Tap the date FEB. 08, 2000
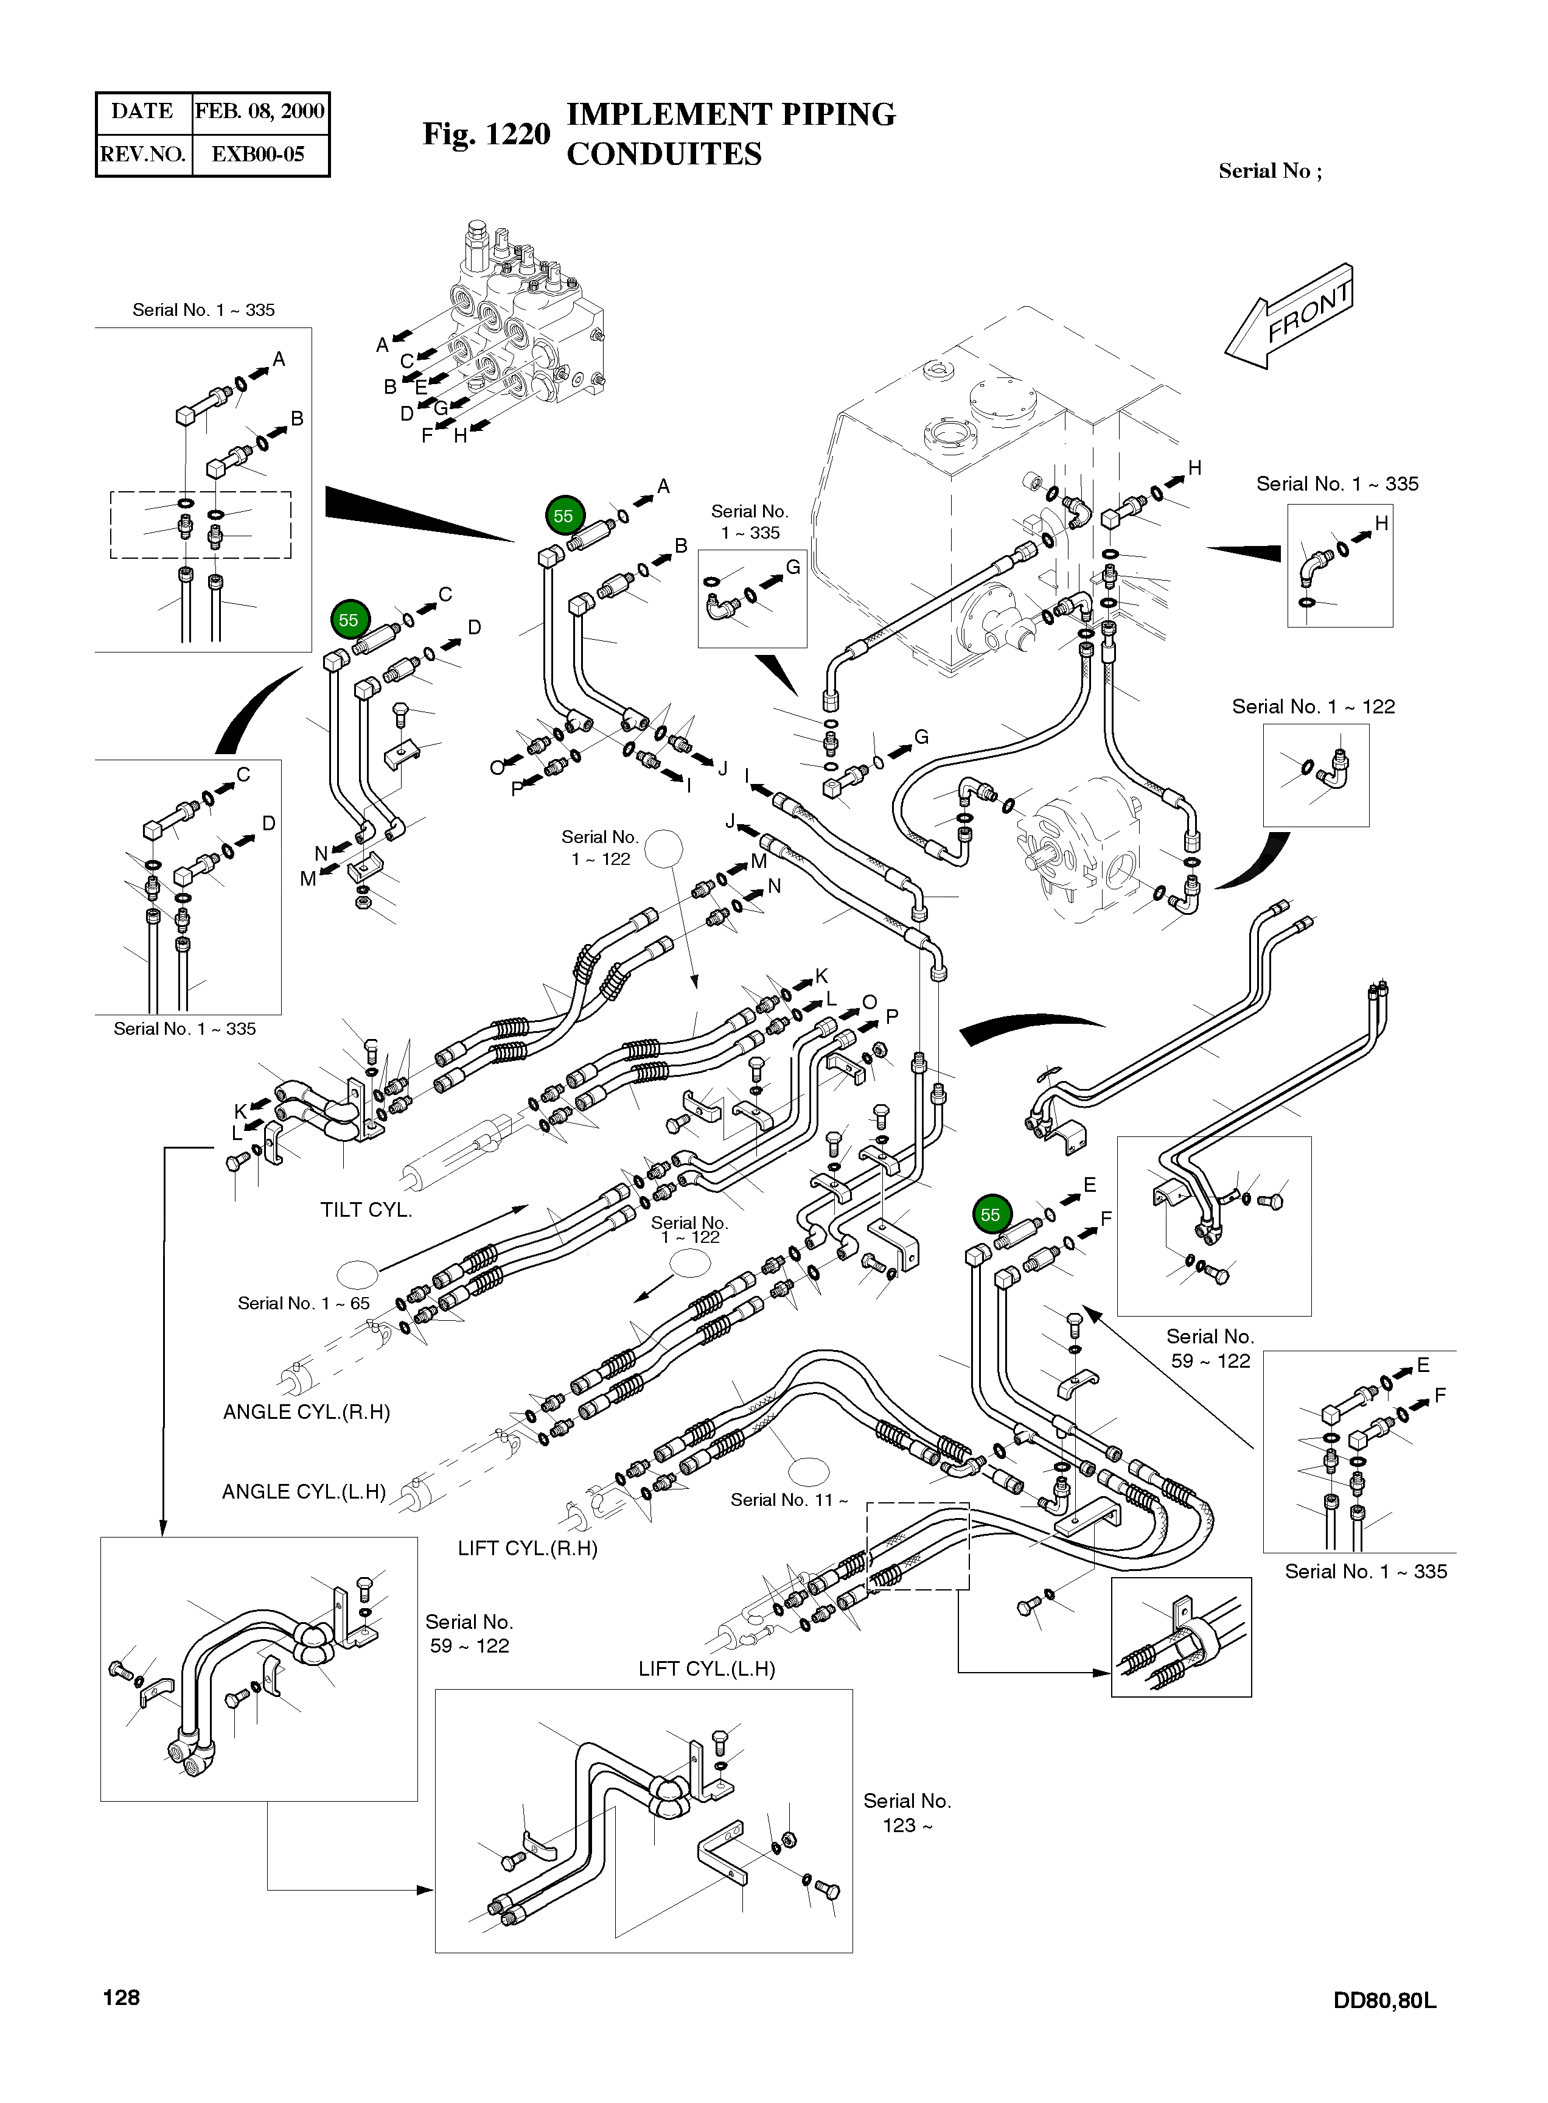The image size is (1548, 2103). point(260,111)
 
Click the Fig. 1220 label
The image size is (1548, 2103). point(486,134)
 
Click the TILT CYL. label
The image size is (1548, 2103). point(366,1210)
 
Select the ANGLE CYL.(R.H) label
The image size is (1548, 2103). point(307,1412)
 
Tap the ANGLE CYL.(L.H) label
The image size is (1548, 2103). point(304,1492)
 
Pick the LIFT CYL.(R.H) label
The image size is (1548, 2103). point(528,1548)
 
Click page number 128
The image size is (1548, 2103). point(121,1997)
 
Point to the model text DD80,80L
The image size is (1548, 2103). point(1384,2000)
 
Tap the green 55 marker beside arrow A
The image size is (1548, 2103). point(563,516)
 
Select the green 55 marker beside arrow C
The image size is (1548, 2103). point(349,620)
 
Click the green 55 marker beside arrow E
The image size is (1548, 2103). point(991,1214)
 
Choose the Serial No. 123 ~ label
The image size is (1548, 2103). point(906,1813)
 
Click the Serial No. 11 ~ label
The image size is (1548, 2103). point(789,1499)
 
